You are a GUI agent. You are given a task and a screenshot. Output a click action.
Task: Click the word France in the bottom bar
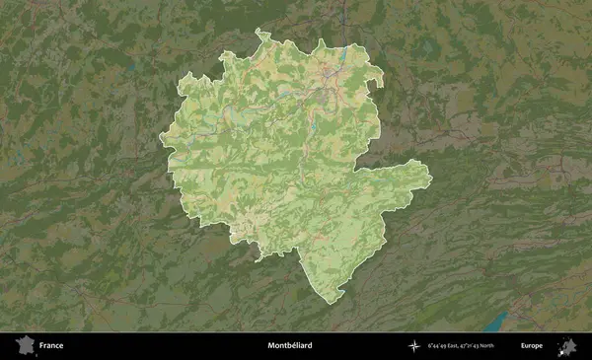51,345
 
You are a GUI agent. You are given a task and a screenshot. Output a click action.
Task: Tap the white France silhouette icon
23,345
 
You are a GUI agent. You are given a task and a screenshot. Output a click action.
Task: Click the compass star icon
413,345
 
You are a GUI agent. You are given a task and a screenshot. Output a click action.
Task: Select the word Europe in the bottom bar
532,345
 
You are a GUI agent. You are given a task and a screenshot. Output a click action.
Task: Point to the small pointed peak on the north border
322,41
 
